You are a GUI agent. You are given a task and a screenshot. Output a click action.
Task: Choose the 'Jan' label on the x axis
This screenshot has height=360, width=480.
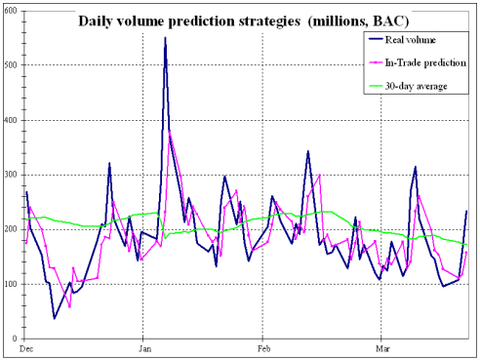(x=144, y=348)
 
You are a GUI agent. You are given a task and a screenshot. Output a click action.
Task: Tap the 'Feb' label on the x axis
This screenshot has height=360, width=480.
(x=262, y=348)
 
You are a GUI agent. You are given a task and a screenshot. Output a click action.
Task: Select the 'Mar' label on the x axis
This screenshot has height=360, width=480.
(x=380, y=348)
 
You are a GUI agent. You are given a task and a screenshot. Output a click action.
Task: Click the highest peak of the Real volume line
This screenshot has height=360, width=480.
(x=165, y=38)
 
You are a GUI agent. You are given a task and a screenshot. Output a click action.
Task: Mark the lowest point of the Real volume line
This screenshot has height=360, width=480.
(x=55, y=318)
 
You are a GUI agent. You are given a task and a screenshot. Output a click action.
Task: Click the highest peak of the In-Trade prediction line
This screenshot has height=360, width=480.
(x=170, y=131)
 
